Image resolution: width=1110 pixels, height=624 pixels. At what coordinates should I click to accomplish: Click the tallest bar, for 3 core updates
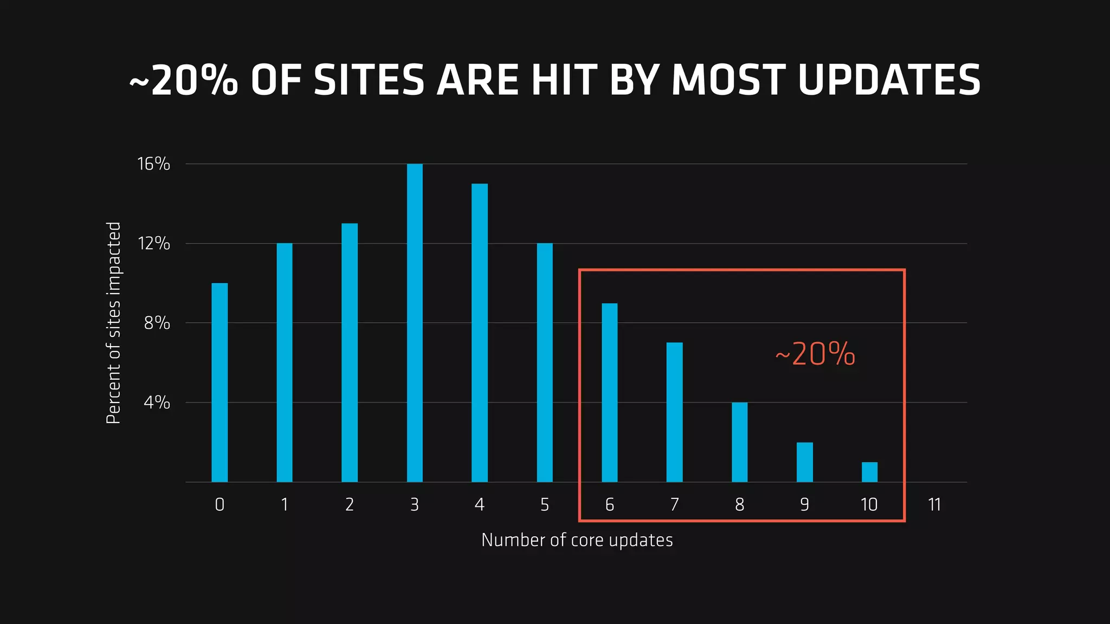415,323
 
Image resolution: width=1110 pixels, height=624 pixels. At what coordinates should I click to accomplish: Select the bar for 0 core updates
220,382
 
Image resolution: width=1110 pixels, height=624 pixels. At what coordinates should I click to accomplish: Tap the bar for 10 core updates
869,472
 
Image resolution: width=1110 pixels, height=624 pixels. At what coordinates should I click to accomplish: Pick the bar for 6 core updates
610,392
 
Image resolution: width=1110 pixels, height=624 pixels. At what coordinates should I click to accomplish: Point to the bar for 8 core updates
739,442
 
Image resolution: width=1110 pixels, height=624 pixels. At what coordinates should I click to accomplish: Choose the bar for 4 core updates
480,333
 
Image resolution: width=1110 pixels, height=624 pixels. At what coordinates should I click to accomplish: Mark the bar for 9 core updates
804,462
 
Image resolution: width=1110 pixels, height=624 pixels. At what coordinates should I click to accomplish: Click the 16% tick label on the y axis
154,164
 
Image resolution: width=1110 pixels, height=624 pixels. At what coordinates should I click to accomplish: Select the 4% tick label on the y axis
157,402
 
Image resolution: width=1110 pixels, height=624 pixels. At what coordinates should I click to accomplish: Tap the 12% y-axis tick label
154,243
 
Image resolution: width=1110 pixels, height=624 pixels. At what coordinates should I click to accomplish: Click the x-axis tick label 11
934,505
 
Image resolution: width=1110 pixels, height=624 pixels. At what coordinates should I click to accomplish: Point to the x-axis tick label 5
545,505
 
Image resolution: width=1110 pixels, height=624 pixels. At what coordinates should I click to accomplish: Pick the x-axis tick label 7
674,505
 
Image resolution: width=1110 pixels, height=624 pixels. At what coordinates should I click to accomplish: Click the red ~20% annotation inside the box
815,354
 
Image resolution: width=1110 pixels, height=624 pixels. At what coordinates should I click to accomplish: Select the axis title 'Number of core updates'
577,540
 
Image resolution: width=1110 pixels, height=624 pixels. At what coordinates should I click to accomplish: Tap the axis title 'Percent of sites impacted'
113,323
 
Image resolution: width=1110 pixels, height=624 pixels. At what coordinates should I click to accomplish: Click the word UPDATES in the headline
889,80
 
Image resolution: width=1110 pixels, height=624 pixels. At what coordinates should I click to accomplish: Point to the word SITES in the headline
369,80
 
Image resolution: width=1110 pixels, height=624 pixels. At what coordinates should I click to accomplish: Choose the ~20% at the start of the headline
183,80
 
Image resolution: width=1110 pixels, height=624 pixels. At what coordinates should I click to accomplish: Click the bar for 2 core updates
350,353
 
